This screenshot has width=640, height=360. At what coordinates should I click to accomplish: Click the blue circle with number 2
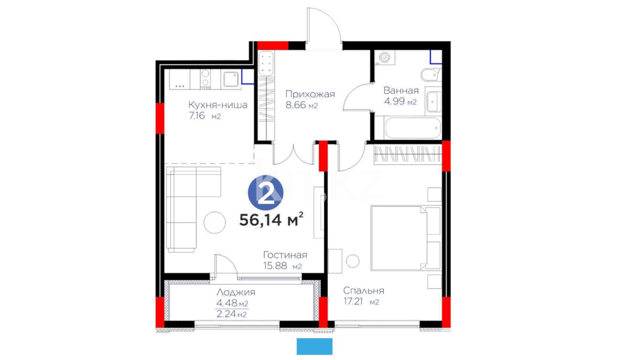point(266,193)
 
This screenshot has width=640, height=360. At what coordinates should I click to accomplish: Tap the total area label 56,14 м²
point(271,219)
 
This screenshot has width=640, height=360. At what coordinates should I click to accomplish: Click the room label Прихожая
point(310,94)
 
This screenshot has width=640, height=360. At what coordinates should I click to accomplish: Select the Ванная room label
point(401,90)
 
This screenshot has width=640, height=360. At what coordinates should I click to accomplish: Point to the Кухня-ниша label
point(218,105)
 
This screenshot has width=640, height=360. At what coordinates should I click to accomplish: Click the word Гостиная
point(285,255)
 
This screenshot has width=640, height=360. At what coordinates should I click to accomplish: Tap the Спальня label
point(364,291)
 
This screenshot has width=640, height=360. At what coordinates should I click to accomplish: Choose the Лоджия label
point(236,292)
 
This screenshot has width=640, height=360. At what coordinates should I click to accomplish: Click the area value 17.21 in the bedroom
point(353,302)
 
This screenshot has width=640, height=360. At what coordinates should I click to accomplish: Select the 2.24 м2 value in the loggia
point(232,314)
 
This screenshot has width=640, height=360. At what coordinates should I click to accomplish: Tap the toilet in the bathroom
point(431,75)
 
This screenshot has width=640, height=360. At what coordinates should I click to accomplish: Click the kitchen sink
point(231,79)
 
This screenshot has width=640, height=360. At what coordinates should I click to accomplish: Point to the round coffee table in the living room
point(215,222)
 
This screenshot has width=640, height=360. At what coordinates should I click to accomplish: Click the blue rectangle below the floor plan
point(314,346)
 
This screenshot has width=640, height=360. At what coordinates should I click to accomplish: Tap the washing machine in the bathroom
point(385,57)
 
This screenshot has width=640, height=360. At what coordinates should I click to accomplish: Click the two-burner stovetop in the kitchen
point(205,79)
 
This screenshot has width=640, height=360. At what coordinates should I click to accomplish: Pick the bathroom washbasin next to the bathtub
point(433,101)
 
